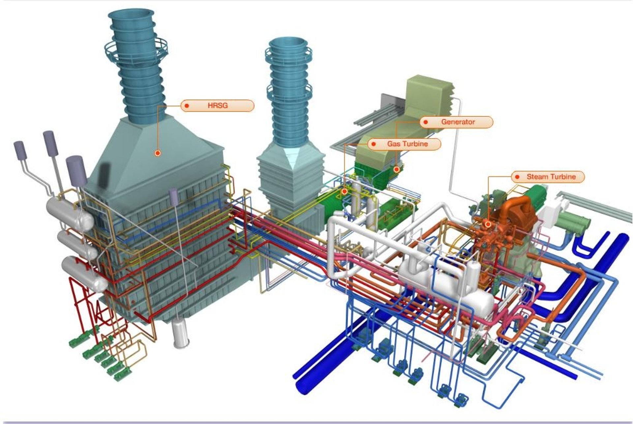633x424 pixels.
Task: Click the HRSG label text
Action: (218, 106)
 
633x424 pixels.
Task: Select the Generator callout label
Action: (456, 122)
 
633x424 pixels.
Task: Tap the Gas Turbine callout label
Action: (404, 144)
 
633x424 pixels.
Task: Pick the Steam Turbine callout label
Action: (548, 177)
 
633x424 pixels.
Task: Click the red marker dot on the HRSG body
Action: (158, 153)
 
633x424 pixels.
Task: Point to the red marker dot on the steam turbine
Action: (488, 224)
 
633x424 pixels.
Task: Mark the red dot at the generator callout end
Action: (397, 169)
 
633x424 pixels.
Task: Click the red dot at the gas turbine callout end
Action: (345, 191)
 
